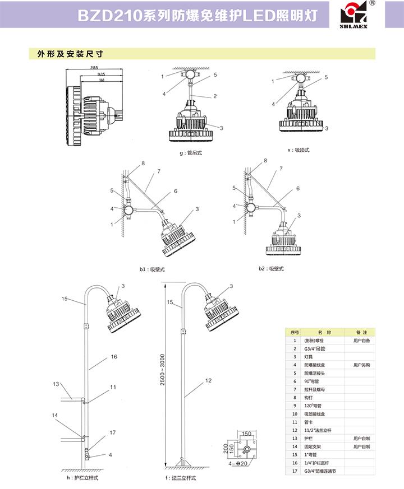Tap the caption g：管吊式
point(190,153)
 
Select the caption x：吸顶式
point(298,150)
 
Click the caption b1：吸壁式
point(152,269)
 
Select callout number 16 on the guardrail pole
point(114,356)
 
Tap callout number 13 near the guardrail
point(56,384)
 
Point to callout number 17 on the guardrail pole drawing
point(113,432)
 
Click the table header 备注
point(361,332)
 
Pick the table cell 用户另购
point(361,365)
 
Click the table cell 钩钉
point(309,397)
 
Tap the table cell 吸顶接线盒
point(314,413)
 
